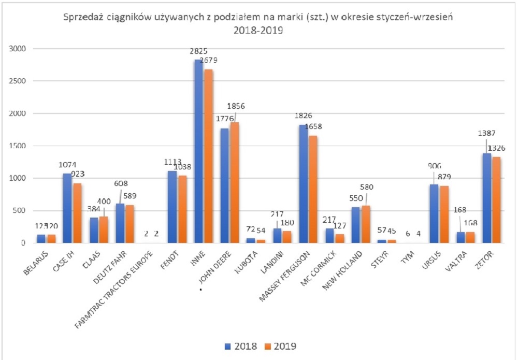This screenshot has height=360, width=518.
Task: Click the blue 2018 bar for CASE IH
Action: tap(67, 208)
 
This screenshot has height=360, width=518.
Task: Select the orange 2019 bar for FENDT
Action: tap(181, 209)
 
